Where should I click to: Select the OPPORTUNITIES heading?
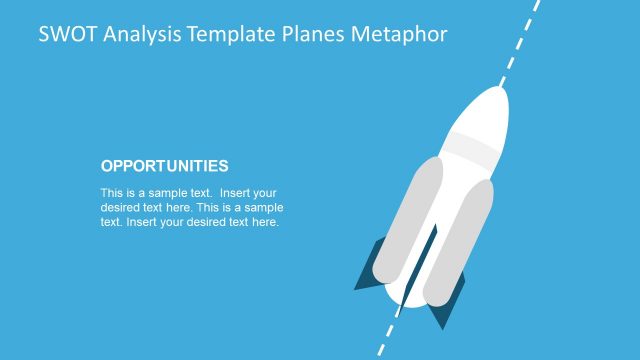165,166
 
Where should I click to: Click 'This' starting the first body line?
111,192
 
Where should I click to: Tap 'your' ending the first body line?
267,192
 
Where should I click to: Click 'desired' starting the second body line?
118,207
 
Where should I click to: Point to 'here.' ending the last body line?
265,222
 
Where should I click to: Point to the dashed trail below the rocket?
385,340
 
